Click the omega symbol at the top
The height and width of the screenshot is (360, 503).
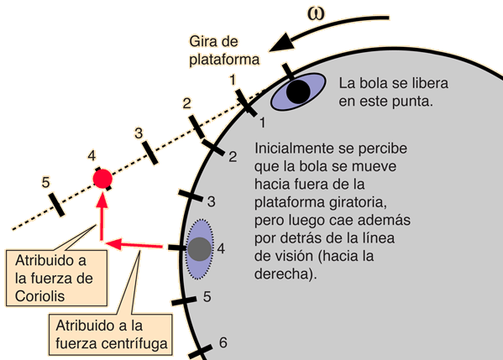pos(316,14)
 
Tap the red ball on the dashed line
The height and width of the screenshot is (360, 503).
pos(102,179)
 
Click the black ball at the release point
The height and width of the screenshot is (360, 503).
pos(298,91)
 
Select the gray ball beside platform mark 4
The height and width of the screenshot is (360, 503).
pos(200,249)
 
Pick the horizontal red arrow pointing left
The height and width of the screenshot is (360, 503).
pos(134,244)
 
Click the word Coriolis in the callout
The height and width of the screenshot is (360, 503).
pos(39,296)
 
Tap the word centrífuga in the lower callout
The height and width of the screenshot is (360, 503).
pos(134,344)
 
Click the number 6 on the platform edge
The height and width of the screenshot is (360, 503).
pos(223,342)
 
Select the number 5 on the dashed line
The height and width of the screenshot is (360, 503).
pos(45,182)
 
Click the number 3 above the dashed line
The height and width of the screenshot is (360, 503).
pos(139,133)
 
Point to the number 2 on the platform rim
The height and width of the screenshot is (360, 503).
pos(233,156)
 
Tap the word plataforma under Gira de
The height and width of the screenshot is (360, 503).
pos(224,60)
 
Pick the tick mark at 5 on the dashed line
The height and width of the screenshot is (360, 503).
pos(57,205)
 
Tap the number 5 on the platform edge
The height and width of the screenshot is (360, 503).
pos(207,296)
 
